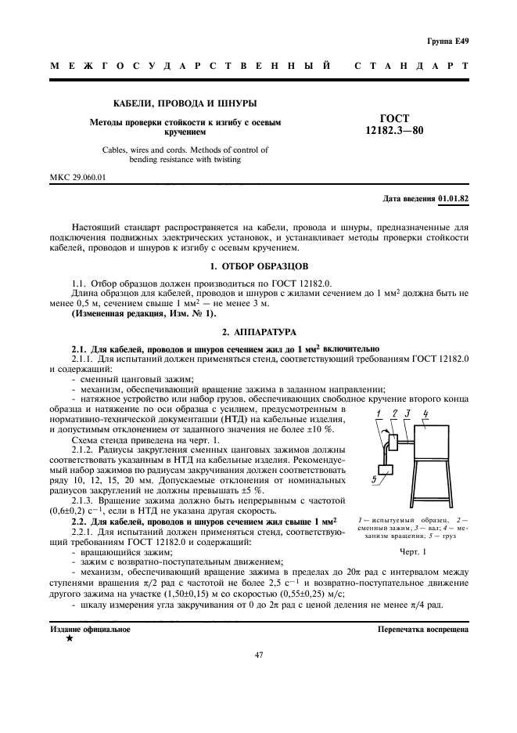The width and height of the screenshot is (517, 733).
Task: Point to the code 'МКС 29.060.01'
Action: (x=78, y=177)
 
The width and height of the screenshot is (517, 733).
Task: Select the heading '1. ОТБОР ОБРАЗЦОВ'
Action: (x=258, y=266)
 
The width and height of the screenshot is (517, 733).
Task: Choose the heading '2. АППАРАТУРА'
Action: (x=258, y=332)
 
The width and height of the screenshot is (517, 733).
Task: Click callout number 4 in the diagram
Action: (x=426, y=413)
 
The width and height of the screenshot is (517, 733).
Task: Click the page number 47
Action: (x=258, y=655)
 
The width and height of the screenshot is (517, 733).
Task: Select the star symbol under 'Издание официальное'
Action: (x=68, y=639)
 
